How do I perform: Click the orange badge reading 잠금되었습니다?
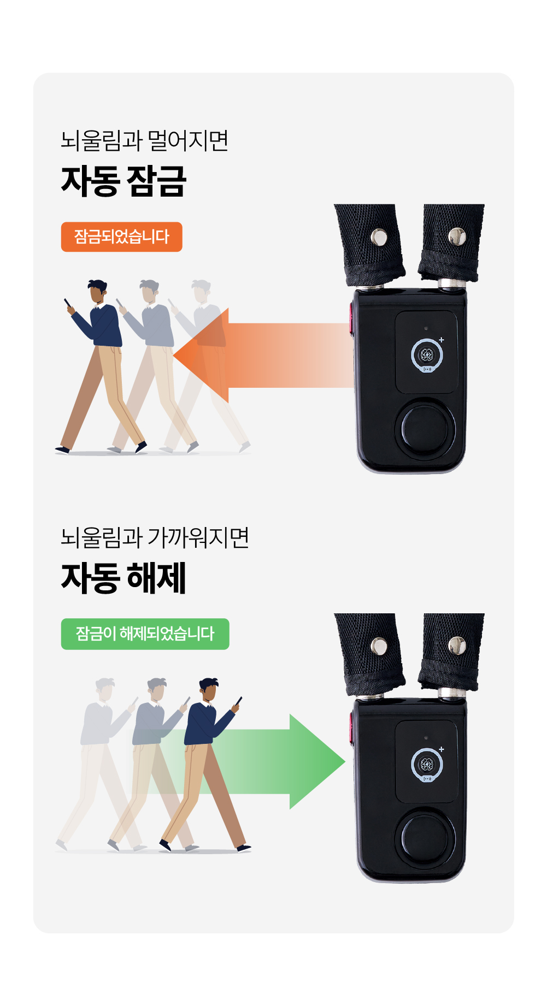[x=121, y=237]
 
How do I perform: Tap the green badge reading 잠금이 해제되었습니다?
[x=145, y=634]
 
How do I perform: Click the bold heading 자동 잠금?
[x=124, y=181]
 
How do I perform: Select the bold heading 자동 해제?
[x=124, y=578]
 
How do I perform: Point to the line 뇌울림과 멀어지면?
[x=144, y=140]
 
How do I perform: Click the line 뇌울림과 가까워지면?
[x=155, y=537]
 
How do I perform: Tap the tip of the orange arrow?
[x=174, y=356]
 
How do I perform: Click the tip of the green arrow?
[x=345, y=761]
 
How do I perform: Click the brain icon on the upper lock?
[x=427, y=356]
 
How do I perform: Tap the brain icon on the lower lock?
[x=427, y=765]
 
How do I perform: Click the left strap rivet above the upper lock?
[x=379, y=237]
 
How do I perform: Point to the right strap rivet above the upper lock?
[x=457, y=236]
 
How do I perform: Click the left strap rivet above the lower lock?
[x=379, y=646]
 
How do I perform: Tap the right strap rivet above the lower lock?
[x=457, y=646]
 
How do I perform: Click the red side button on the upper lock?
[x=351, y=318]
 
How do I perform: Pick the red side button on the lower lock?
[x=351, y=727]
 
